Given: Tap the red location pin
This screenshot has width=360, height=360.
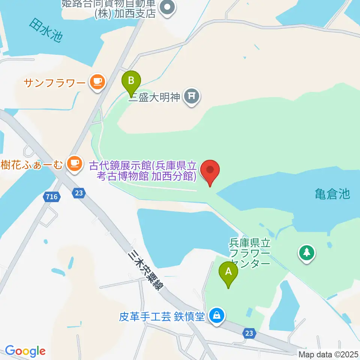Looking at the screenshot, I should tap(210, 172).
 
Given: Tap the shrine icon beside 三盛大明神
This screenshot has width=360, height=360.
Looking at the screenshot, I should tap(192, 97).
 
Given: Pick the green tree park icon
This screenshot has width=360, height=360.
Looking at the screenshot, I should tap(307, 253).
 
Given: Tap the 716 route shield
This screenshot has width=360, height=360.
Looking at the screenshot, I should tap(51, 196).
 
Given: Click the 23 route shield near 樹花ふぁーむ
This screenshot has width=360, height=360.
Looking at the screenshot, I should tap(78, 193).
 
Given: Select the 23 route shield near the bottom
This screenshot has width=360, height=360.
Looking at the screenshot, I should tap(250, 333).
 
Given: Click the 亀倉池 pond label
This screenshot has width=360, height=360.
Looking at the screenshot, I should tap(332, 194).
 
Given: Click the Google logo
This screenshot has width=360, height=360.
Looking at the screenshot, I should tap(25, 351).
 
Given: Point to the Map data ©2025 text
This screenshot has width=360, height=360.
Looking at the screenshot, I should tap(327, 354).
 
